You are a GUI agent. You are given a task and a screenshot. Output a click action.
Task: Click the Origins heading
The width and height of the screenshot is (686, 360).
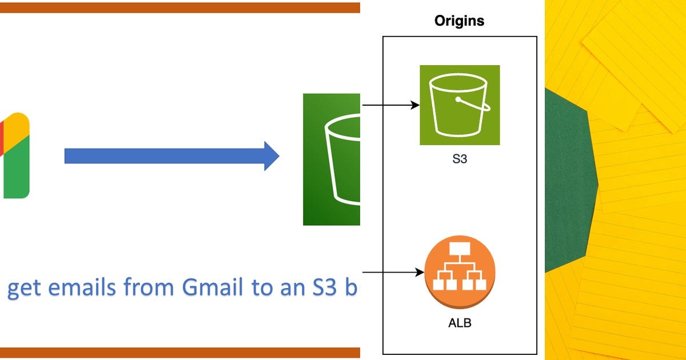click(459, 21)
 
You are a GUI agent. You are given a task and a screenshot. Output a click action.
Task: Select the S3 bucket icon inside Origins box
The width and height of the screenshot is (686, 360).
click(460, 105)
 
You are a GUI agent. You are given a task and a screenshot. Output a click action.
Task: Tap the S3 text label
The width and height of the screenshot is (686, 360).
click(460, 159)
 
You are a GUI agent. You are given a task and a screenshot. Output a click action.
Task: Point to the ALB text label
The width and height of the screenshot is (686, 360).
click(460, 323)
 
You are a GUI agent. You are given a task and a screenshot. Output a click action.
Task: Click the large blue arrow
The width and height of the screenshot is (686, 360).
click(171, 155)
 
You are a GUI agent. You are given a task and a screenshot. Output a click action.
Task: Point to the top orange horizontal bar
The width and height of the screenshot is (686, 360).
click(180, 7)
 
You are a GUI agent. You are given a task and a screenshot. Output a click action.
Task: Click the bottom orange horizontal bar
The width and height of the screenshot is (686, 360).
click(180, 353)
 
